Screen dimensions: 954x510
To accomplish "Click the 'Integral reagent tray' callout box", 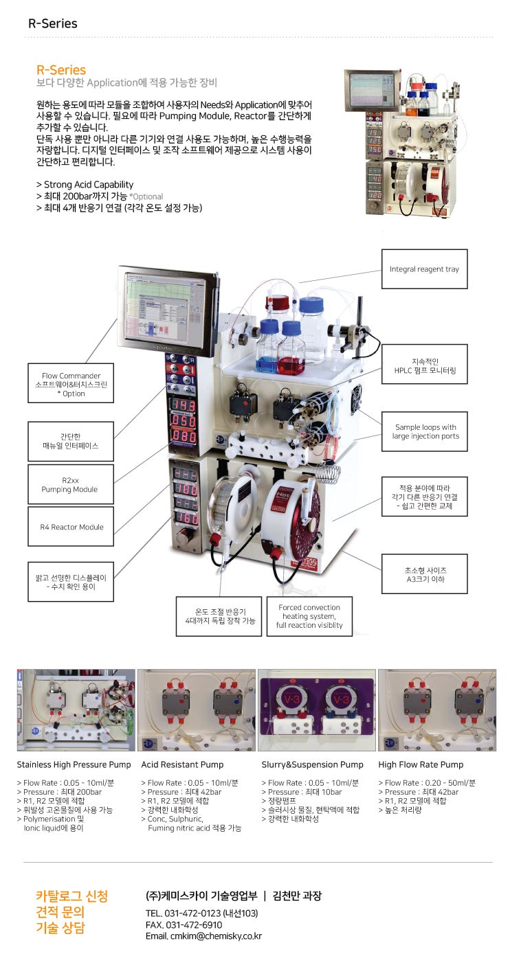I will coord(424,269).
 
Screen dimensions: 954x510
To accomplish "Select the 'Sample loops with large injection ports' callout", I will coord(425,431).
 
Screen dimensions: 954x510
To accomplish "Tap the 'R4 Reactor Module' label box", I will coord(71,527).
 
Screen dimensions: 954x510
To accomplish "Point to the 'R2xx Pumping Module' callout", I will coord(70,484).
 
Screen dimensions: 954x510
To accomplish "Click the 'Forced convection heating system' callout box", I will coord(309,616).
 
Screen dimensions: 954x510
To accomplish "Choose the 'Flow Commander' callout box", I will coord(71,384).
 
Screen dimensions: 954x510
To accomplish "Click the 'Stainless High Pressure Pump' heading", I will coord(74,764).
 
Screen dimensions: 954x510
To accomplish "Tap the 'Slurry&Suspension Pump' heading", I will coord(312,764).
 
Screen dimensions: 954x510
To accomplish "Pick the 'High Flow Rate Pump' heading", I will coord(421,764).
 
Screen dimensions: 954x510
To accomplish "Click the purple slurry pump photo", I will coord(317,710).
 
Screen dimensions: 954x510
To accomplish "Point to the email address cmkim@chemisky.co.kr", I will coord(203,936).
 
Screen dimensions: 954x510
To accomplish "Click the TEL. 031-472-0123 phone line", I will coord(201,913).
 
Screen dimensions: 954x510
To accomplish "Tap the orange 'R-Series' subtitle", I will coord(61,70).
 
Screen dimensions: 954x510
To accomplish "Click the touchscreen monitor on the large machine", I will coord(169,310).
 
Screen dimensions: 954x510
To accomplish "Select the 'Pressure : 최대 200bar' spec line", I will coord(58,792).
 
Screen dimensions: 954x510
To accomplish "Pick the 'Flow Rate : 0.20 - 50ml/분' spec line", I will coord(426,783).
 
